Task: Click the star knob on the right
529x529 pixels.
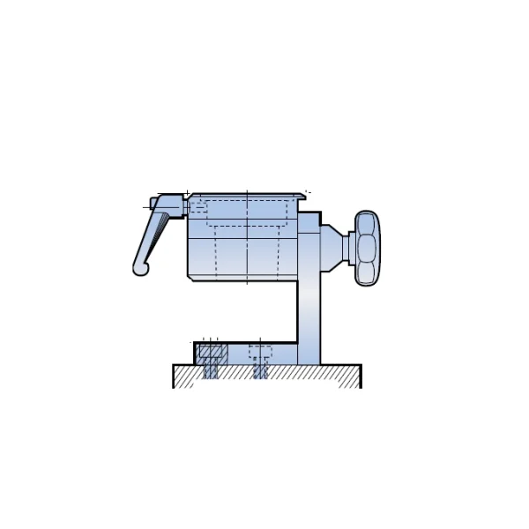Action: pyautogui.click(x=367, y=249)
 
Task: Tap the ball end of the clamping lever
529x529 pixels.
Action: pyautogui.click(x=140, y=268)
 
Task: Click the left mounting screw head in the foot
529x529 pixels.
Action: pyautogui.click(x=211, y=352)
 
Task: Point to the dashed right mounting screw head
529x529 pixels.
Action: pyautogui.click(x=260, y=352)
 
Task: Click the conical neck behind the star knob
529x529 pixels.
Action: pyautogui.click(x=332, y=248)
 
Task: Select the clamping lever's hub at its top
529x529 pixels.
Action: pyautogui.click(x=168, y=205)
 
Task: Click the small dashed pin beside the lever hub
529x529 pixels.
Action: pyautogui.click(x=199, y=208)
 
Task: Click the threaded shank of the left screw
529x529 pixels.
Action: pyautogui.click(x=211, y=370)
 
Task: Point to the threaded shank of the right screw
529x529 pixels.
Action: pyautogui.click(x=260, y=370)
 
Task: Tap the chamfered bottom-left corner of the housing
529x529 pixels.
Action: pyautogui.click(x=190, y=278)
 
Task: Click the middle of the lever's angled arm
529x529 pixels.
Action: pyautogui.click(x=151, y=238)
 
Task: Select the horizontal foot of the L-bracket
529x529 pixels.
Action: pyautogui.click(x=247, y=354)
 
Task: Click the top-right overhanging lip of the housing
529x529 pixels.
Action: pyautogui.click(x=302, y=197)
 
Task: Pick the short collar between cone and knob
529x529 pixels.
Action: pyautogui.click(x=351, y=248)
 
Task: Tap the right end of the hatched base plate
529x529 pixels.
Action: pyautogui.click(x=352, y=376)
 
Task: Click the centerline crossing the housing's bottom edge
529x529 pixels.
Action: pyautogui.click(x=247, y=280)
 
